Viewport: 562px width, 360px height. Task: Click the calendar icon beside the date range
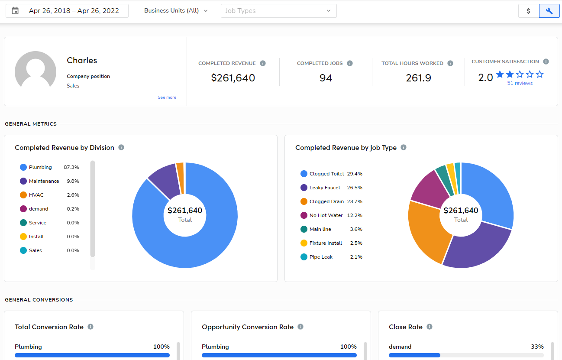[15, 11]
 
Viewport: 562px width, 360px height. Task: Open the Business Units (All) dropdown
[176, 11]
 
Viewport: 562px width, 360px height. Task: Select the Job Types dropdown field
[278, 11]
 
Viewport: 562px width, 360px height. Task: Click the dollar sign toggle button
[528, 11]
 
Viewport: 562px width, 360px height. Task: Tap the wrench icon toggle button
[549, 11]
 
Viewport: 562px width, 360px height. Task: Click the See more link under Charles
[167, 97]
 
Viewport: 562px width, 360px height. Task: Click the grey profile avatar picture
[36, 71]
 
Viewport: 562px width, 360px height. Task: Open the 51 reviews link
[520, 83]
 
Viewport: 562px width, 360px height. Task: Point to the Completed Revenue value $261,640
[233, 78]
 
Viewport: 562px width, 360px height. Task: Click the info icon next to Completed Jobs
[350, 63]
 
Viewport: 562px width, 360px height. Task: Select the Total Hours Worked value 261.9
[418, 78]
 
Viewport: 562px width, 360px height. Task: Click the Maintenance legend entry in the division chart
[44, 181]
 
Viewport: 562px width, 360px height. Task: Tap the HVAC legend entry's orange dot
[23, 195]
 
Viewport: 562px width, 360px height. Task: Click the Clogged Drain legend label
[326, 201]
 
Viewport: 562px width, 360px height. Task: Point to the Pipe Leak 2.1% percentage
[356, 257]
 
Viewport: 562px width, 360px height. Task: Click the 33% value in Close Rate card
[537, 347]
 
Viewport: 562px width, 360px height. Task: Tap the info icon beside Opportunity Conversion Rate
[300, 327]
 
